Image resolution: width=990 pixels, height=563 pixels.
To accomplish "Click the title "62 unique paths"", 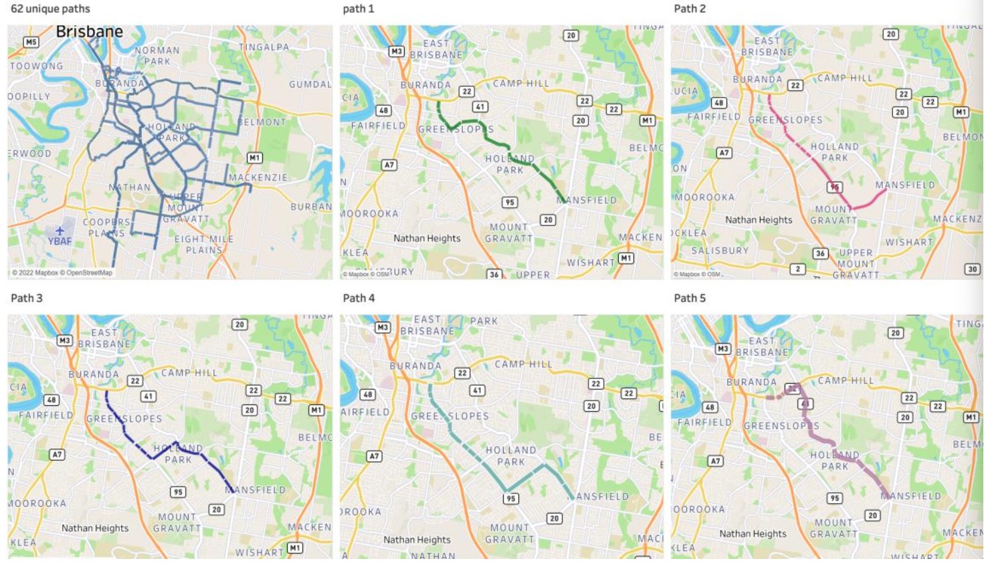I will [50, 9].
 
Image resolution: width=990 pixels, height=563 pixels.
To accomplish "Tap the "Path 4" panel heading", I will [359, 298].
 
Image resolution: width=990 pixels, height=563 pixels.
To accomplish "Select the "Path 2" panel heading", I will [690, 9].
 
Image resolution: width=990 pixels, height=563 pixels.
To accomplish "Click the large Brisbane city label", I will [89, 31].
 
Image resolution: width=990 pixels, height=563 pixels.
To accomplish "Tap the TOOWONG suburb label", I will [36, 66].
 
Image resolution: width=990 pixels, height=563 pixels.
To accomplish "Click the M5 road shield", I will [31, 42].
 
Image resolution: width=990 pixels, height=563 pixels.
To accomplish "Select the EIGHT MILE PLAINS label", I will [204, 244].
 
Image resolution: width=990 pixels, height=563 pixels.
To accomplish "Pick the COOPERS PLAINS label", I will [106, 227].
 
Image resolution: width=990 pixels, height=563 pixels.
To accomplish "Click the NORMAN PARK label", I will [157, 55].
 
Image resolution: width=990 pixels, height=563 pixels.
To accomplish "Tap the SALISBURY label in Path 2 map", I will [720, 251].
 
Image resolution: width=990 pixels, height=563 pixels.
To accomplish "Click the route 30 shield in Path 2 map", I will [972, 269].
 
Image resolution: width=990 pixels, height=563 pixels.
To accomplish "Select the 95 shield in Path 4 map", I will [510, 498].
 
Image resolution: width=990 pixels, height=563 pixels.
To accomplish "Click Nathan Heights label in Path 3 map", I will [95, 528].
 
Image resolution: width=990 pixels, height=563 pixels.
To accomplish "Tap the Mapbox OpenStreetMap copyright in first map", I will [62, 273].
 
